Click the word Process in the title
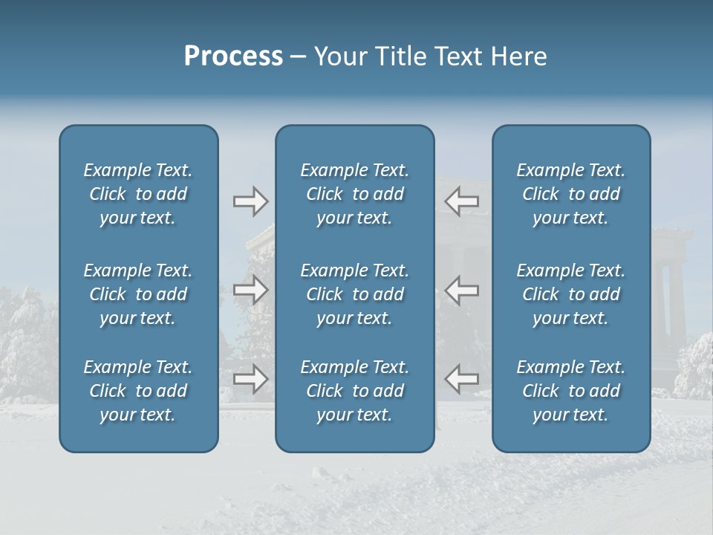coord(233,56)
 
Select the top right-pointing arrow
coord(251,201)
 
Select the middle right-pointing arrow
coord(251,290)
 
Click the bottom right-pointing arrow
coord(251,379)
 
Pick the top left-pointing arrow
coord(462,201)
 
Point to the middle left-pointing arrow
coord(462,290)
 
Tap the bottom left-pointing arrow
coord(462,379)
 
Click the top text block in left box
coord(138,194)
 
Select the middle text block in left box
coord(138,294)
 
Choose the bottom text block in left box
coord(138,391)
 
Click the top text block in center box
coord(355,194)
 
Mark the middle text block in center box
coord(355,294)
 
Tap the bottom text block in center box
coord(355,391)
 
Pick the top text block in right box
coord(571,194)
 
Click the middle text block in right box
coord(571,294)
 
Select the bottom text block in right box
coord(571,391)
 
